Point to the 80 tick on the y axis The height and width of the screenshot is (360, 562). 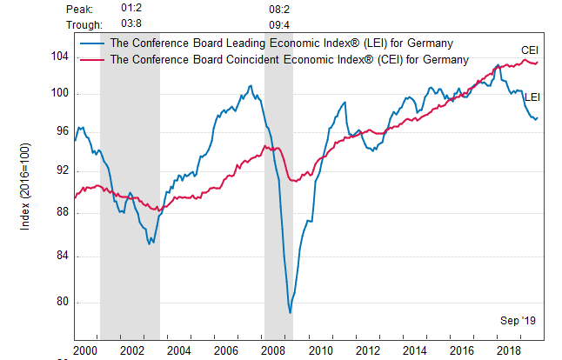[x=62, y=303]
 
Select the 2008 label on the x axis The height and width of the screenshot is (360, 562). [x=272, y=350]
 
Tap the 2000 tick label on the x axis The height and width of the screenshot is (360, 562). [x=85, y=350]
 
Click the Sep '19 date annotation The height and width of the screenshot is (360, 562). [x=519, y=321]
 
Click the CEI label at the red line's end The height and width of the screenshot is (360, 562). [x=530, y=50]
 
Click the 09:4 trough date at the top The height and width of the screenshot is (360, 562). [x=279, y=24]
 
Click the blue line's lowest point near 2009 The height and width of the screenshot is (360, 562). [x=290, y=312]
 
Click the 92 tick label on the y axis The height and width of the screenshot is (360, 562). [x=62, y=170]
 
